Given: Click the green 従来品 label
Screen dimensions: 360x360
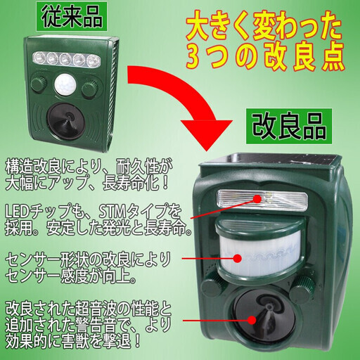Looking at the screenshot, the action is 72,17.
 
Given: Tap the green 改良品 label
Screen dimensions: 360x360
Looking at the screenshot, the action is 289,127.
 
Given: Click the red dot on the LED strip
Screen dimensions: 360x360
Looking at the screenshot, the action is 257,199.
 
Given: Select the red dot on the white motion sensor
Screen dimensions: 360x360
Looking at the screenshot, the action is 238,258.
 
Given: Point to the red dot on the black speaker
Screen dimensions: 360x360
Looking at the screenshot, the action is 252,320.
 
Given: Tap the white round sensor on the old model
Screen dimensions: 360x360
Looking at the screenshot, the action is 65,86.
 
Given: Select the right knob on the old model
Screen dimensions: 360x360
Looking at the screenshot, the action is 90,89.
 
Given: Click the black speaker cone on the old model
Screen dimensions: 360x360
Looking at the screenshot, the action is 65,121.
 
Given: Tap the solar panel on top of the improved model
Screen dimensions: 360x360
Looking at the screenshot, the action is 270,160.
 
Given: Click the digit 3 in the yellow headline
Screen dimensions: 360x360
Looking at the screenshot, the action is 193,56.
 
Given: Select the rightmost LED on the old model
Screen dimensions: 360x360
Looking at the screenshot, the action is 92,60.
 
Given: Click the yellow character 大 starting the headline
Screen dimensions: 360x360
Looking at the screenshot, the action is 198,28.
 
